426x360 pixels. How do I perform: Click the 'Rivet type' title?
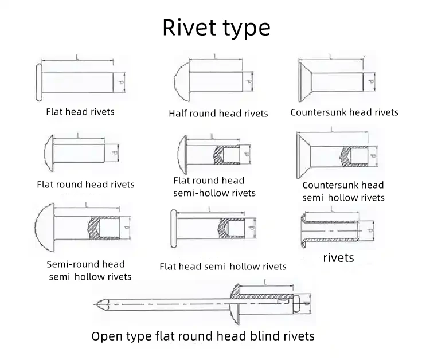click(x=216, y=28)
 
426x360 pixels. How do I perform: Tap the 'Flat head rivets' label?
click(x=80, y=112)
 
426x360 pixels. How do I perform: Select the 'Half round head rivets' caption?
click(x=218, y=114)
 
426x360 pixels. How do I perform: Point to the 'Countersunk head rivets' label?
click(x=344, y=112)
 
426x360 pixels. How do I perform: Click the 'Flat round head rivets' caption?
click(x=85, y=185)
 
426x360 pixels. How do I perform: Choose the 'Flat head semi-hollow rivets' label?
click(x=223, y=266)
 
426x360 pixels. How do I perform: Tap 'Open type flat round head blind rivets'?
click(x=203, y=336)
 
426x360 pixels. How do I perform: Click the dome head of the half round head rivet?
click(x=182, y=81)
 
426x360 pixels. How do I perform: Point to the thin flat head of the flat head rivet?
click(x=39, y=83)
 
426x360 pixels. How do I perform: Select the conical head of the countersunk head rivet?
click(x=305, y=82)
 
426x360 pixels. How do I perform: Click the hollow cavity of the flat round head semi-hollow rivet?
click(x=231, y=155)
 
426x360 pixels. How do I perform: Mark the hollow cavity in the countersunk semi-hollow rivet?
click(x=358, y=156)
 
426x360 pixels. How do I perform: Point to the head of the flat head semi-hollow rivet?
click(x=174, y=229)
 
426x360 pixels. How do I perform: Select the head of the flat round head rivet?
click(x=49, y=153)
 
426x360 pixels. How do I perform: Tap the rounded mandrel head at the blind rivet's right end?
click(x=297, y=304)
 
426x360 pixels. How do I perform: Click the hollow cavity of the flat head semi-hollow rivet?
click(x=236, y=229)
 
